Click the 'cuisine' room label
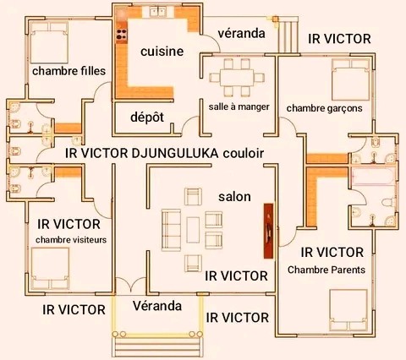162,52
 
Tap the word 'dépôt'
147,117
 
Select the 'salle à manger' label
239,106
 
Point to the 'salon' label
234,197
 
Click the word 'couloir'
244,153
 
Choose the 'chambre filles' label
69,71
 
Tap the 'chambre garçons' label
324,108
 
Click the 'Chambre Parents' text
326,270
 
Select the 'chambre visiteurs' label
71,240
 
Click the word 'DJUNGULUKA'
175,153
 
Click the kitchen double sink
158,12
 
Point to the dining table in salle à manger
237,78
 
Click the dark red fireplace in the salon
268,231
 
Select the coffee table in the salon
193,230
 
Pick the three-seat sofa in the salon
171,230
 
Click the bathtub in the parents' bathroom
372,177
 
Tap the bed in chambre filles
49,43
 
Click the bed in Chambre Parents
348,310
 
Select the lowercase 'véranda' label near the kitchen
241,33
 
